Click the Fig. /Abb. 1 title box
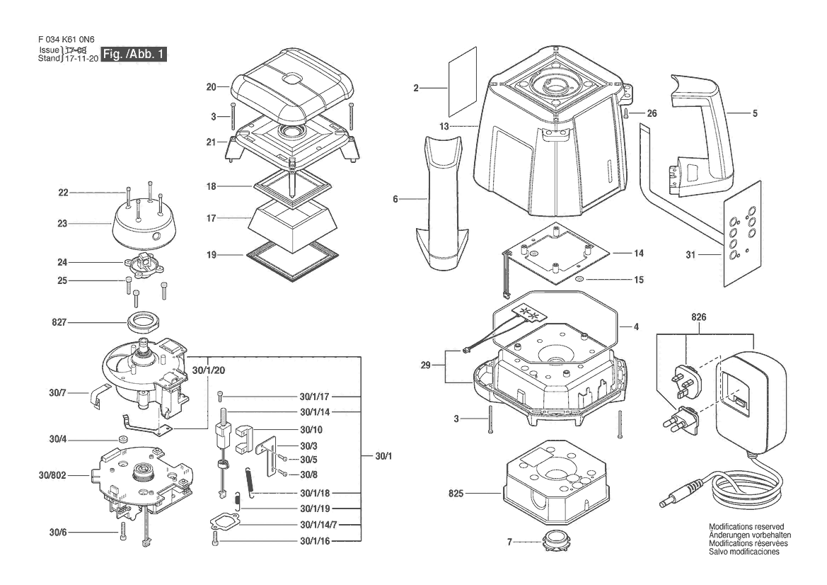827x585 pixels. click(x=134, y=54)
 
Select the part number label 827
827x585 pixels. click(x=59, y=322)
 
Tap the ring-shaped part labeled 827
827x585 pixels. click(x=144, y=322)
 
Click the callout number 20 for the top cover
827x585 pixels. click(x=211, y=86)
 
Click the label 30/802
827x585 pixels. click(x=52, y=475)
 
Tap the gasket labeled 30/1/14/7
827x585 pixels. click(x=224, y=523)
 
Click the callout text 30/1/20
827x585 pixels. click(x=208, y=370)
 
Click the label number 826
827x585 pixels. click(x=698, y=317)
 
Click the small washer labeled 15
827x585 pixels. click(x=579, y=279)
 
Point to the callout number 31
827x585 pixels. click(x=690, y=254)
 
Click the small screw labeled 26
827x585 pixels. click(x=625, y=113)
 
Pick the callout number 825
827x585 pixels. click(x=456, y=493)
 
